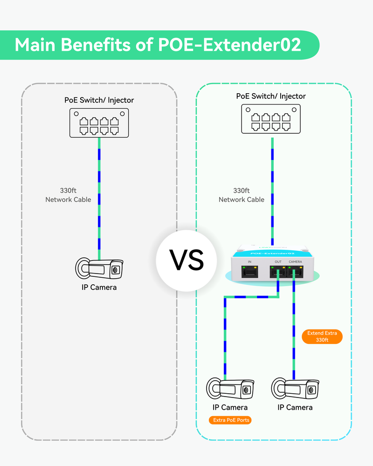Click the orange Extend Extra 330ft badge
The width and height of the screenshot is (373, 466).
(322, 337)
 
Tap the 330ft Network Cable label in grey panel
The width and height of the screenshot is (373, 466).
(68, 195)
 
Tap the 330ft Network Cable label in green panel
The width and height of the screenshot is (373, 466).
(242, 195)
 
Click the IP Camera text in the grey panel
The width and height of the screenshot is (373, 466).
(99, 287)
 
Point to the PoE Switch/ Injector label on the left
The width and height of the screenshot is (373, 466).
(99, 100)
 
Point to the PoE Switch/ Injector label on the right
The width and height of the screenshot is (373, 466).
(271, 96)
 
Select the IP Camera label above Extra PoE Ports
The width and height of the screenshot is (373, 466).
(230, 407)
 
